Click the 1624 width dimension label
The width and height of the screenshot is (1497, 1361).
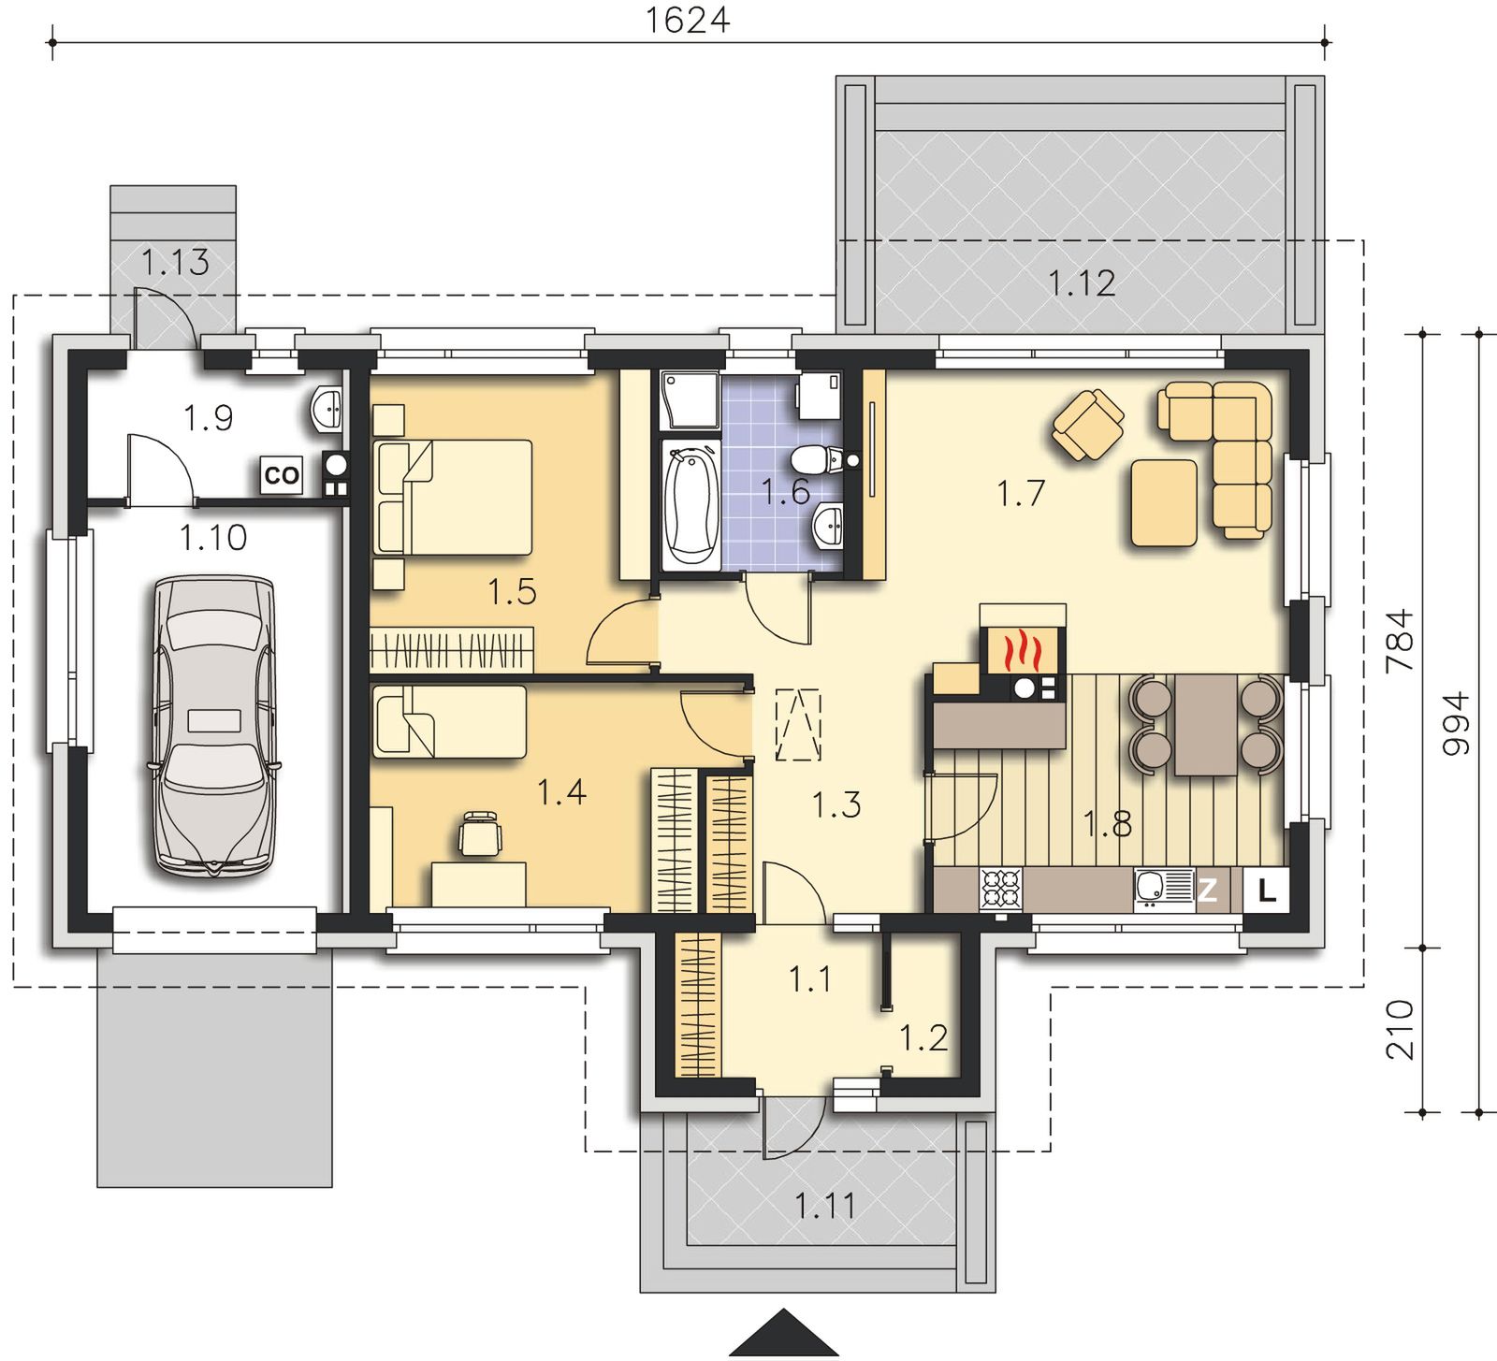pos(688,20)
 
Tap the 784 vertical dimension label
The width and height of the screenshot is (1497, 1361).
pos(1400,641)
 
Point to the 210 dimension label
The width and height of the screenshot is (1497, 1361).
pos(1400,1030)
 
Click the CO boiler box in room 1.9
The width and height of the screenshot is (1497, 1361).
pos(281,475)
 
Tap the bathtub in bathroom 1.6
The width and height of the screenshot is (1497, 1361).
pos(690,505)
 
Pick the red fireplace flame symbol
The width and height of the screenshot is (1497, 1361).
pos(1022,651)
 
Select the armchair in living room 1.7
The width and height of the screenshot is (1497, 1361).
pos(1087,426)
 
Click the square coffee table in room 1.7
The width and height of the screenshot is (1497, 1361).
pos(1163,503)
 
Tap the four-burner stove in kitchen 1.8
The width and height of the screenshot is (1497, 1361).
pos(1001,890)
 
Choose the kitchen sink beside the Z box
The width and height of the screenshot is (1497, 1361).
pos(1164,890)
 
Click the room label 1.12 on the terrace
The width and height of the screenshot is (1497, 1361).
pos(1082,283)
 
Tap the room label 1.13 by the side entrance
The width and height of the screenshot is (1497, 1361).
pos(175,263)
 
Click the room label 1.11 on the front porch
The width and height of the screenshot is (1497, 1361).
pos(826,1206)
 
